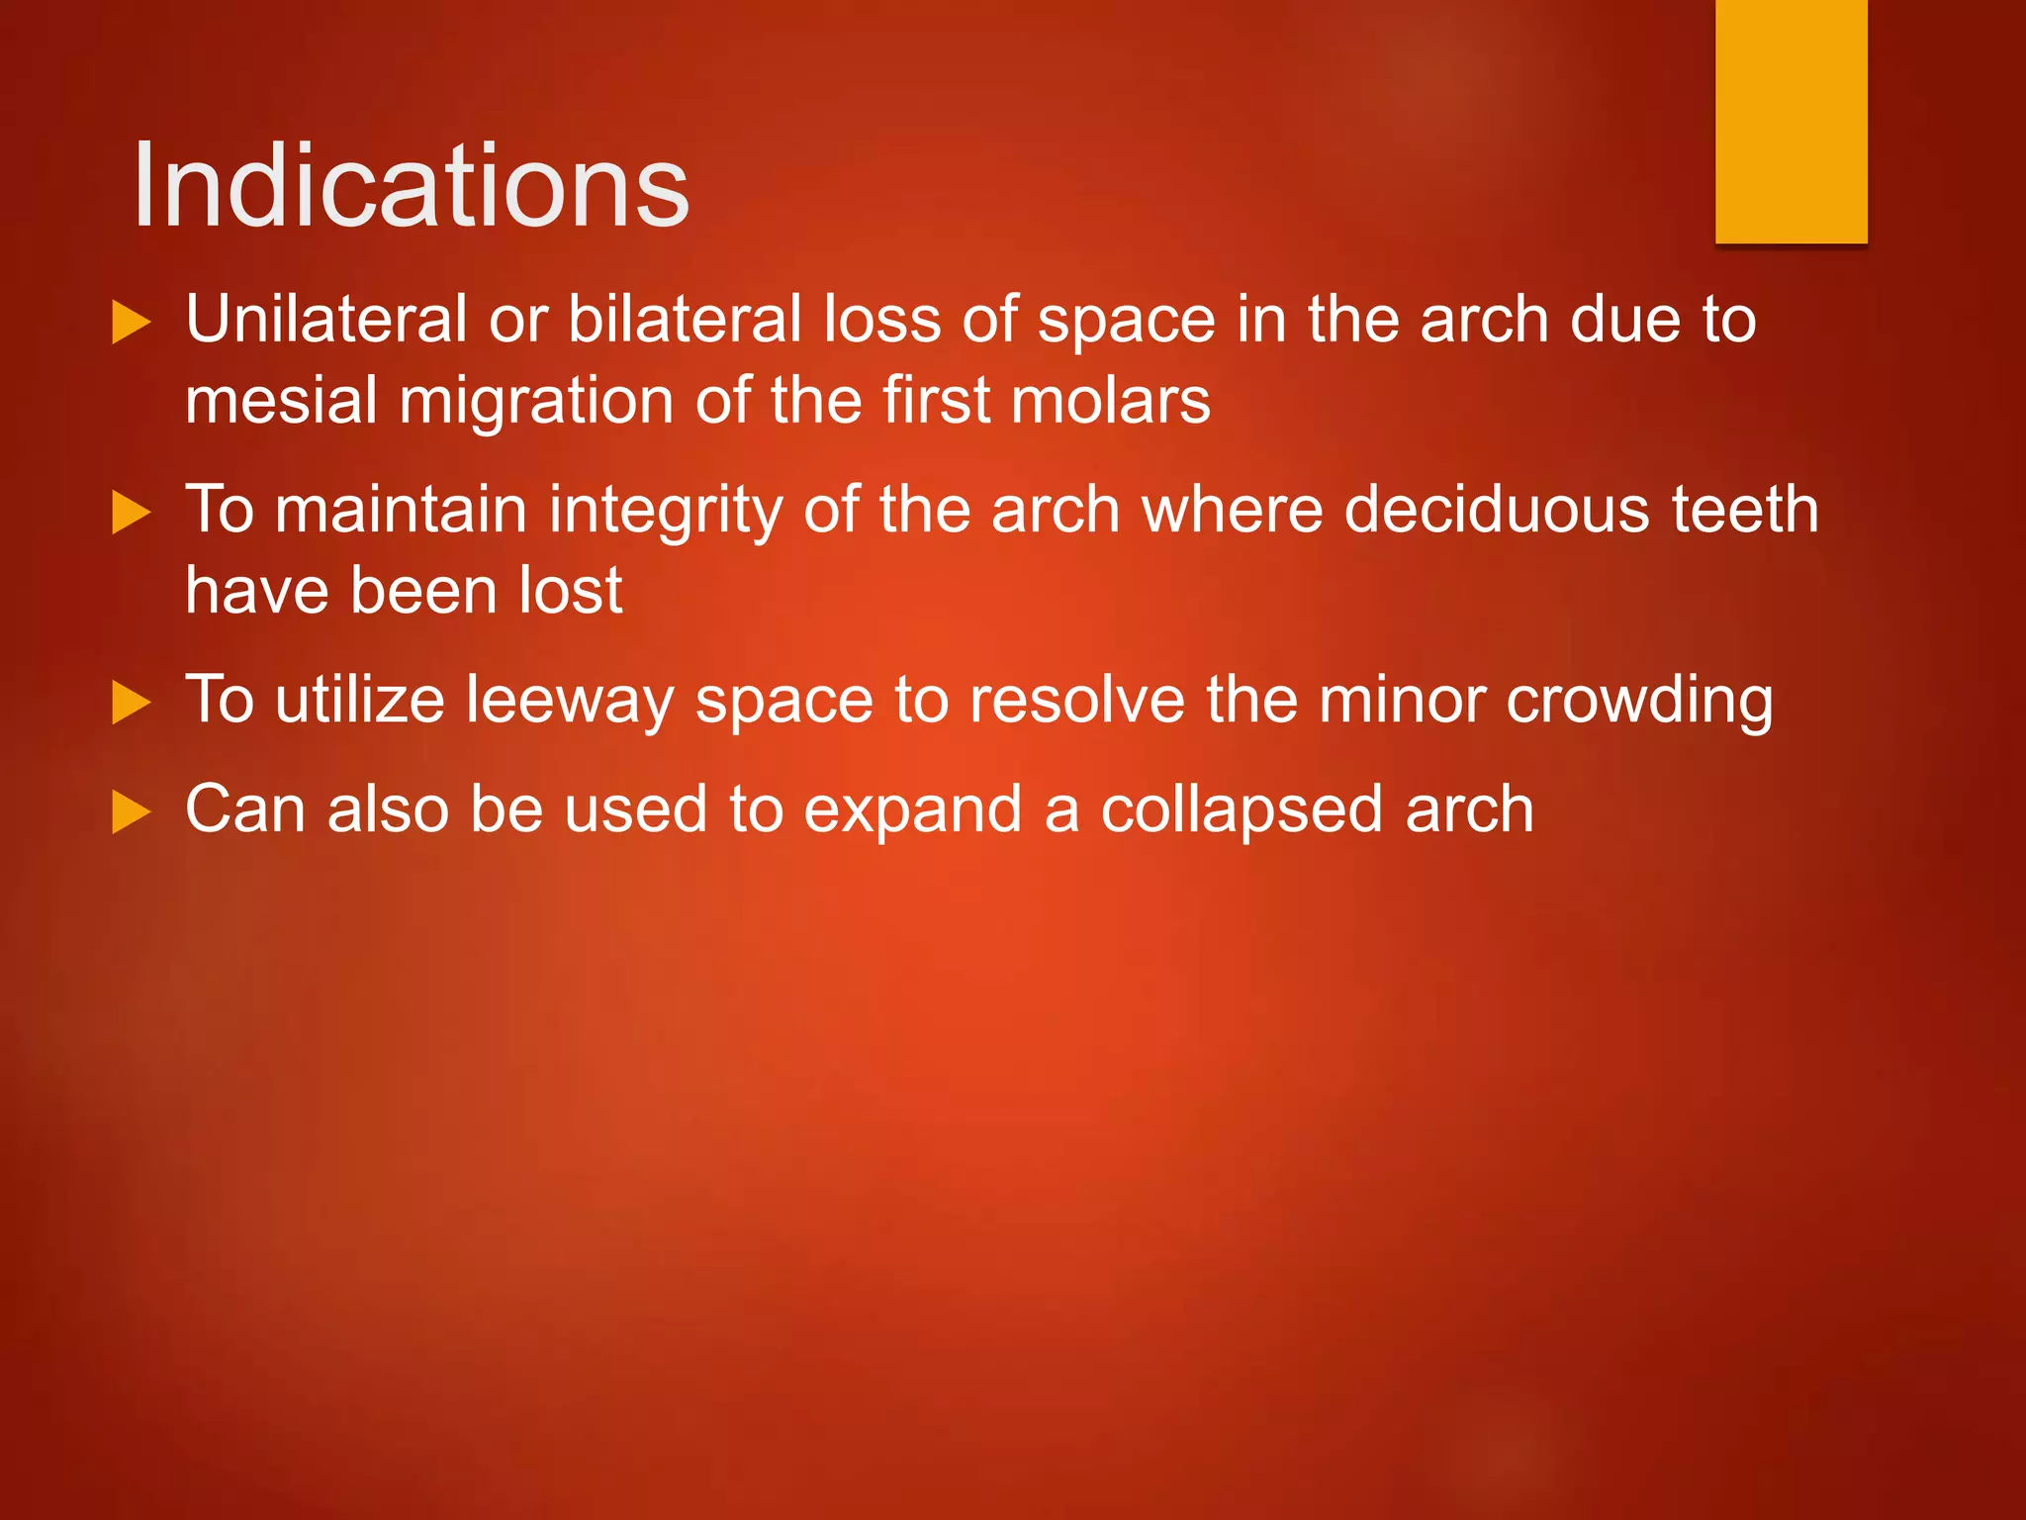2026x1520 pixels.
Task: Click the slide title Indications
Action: pyautogui.click(x=410, y=186)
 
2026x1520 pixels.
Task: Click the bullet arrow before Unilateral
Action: pyautogui.click(x=131, y=323)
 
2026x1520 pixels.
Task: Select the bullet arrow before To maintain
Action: pyautogui.click(x=131, y=513)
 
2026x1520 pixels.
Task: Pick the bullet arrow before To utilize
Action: pyautogui.click(x=131, y=703)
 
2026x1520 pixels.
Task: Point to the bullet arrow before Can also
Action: pyautogui.click(x=131, y=812)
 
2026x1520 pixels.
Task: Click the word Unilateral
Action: pyautogui.click(x=325, y=320)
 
